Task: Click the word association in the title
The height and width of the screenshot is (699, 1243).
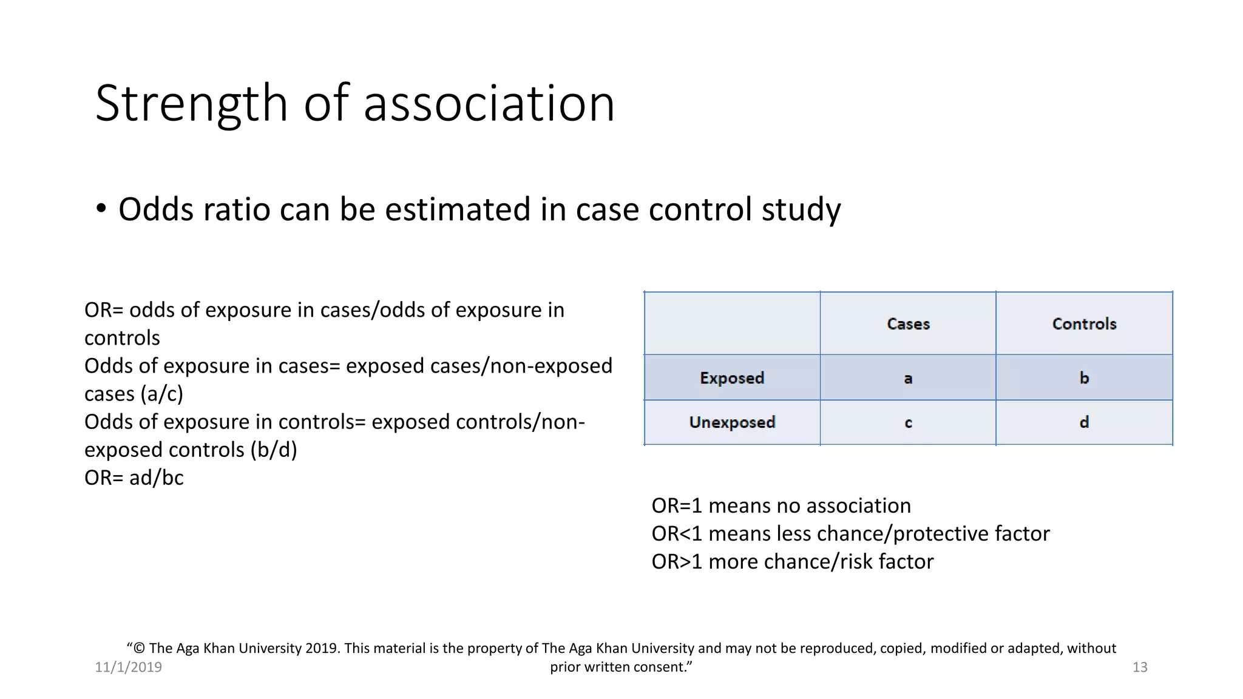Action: click(x=489, y=104)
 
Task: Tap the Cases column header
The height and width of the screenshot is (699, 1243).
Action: click(x=908, y=324)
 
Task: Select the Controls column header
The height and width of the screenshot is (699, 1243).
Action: click(x=1084, y=324)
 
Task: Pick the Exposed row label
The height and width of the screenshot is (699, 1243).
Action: click(x=732, y=378)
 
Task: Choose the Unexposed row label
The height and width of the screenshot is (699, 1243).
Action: click(x=732, y=422)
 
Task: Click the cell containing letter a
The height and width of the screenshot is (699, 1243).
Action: click(x=908, y=379)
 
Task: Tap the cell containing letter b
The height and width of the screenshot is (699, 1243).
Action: click(x=1084, y=378)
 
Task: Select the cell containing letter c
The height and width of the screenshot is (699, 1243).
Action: click(x=908, y=423)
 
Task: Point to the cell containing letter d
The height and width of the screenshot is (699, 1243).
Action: click(x=1084, y=422)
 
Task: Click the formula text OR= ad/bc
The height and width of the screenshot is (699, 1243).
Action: click(x=134, y=478)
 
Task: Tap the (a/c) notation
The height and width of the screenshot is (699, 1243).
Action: click(x=162, y=394)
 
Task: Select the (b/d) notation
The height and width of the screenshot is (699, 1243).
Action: click(x=273, y=450)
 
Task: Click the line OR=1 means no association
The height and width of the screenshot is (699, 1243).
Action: click(x=781, y=506)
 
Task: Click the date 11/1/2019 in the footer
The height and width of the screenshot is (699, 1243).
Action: click(x=128, y=667)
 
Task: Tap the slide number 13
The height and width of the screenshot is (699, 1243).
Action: click(x=1139, y=667)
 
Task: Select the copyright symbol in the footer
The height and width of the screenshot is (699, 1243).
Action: click(x=139, y=649)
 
